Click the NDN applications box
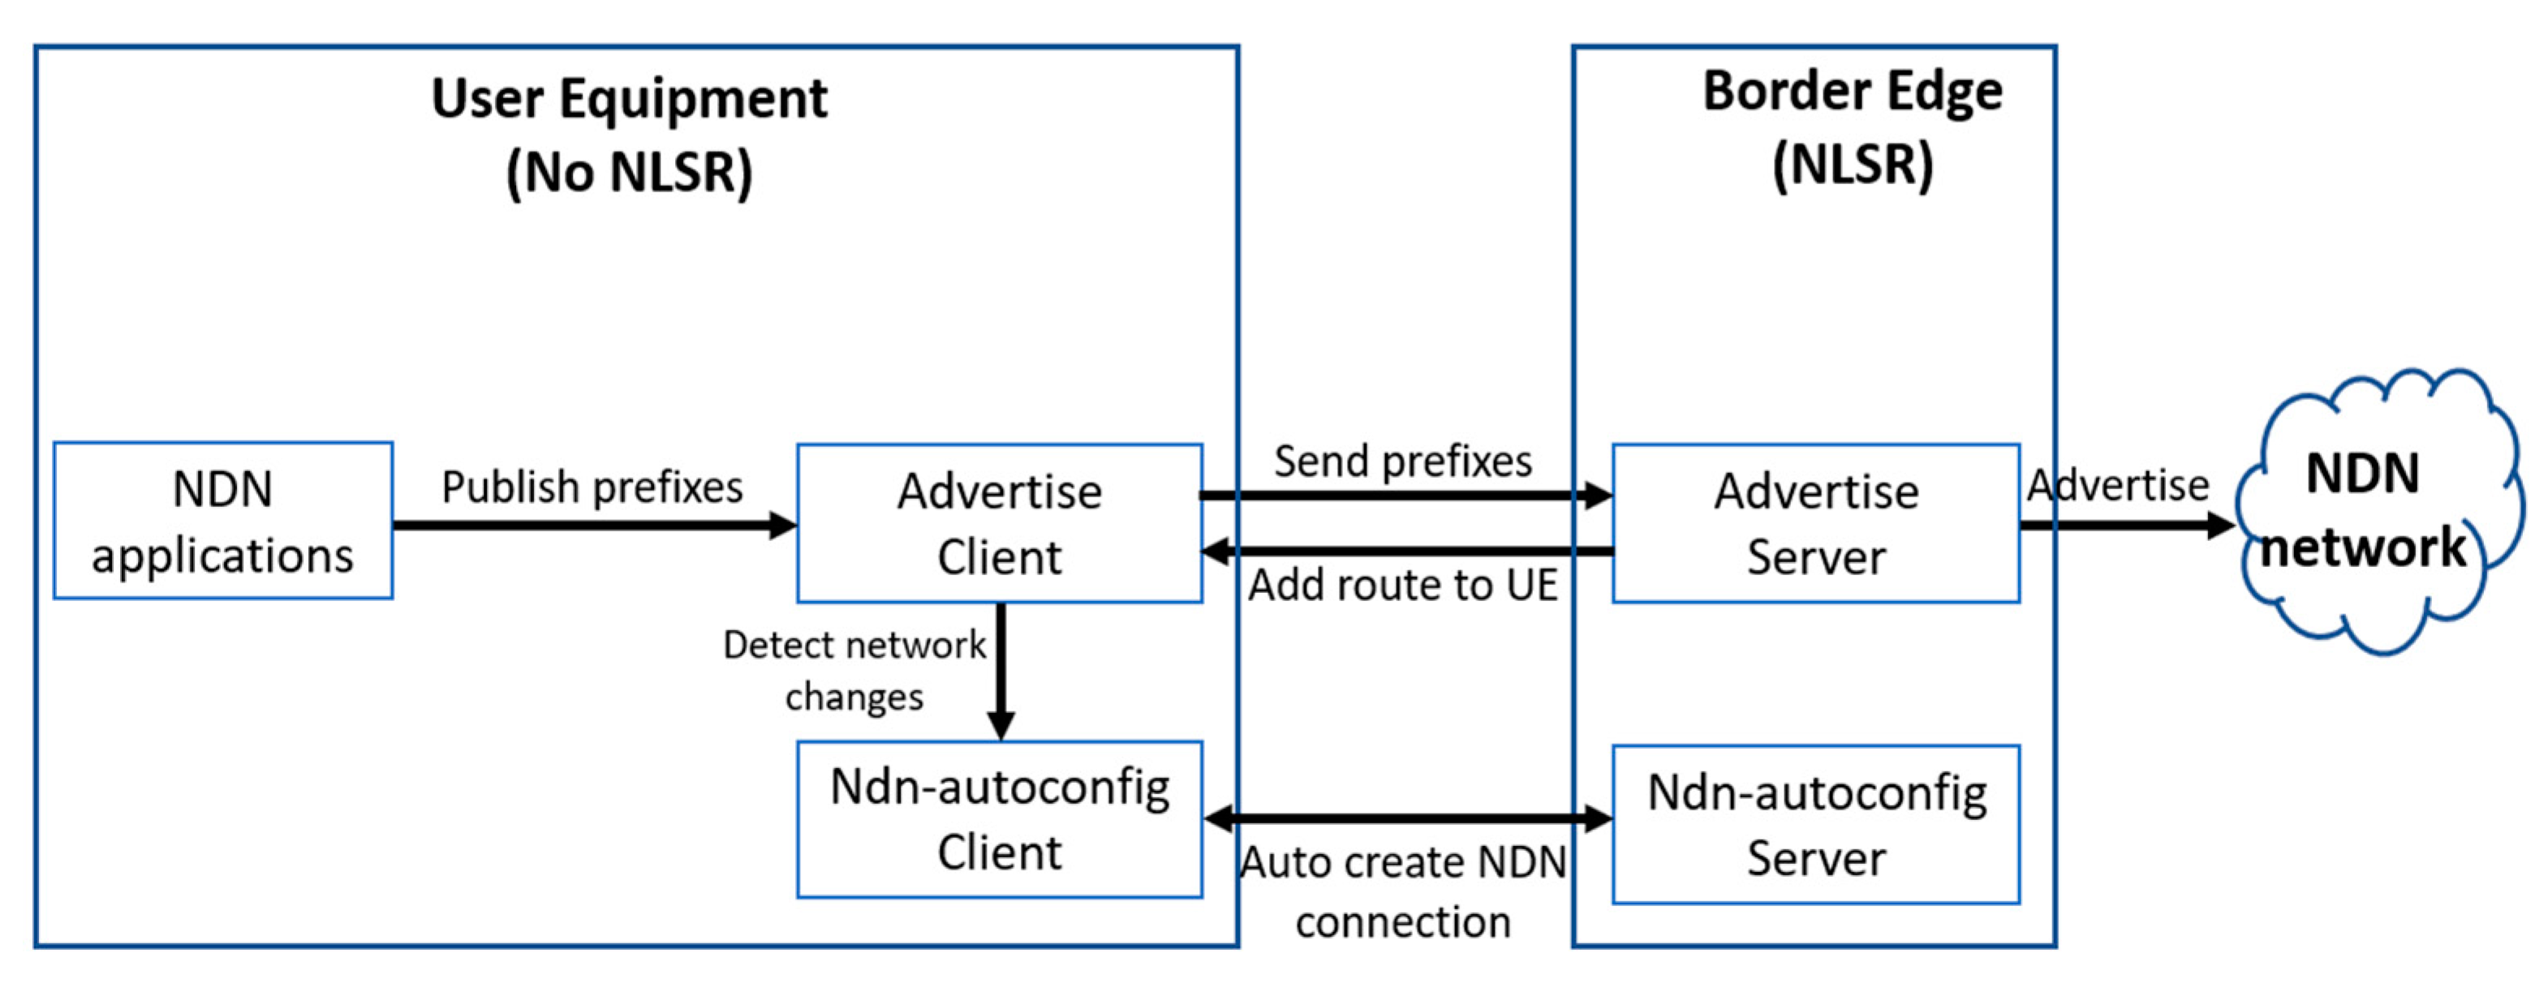coord(222,522)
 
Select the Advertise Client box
coord(999,523)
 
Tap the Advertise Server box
coord(1815,523)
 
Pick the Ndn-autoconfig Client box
coord(999,820)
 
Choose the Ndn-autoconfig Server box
coord(1815,824)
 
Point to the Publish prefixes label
coord(592,487)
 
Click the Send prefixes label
coord(1402,461)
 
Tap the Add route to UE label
coord(1402,586)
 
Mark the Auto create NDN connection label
coord(1402,891)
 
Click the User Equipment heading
coord(629,99)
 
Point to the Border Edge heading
coord(1852,91)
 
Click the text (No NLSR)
coord(629,172)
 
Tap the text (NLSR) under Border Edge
coord(1852,164)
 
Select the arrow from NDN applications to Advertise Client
coord(593,525)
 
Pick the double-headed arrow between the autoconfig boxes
coord(1406,818)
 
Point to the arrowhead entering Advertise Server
coord(1599,496)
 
